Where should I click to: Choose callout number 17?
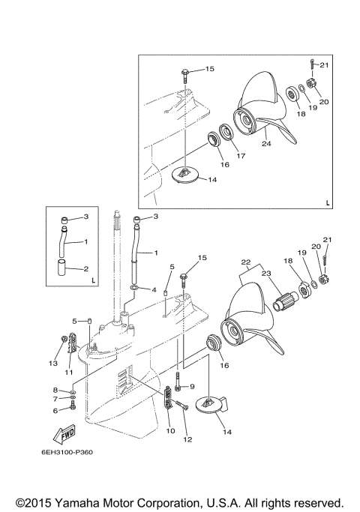(241, 156)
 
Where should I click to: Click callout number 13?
(53, 364)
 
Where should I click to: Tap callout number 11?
(68, 372)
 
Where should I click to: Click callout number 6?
(55, 410)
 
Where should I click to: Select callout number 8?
(55, 390)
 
